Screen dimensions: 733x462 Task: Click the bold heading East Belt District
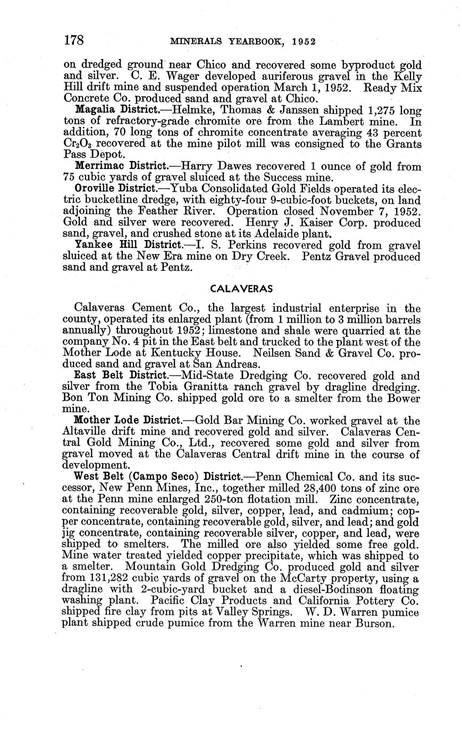point(121,376)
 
